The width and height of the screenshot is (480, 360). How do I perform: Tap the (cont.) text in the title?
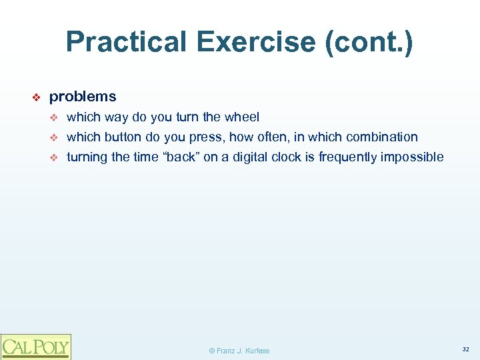coord(369,43)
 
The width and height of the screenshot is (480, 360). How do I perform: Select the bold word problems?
coord(83,97)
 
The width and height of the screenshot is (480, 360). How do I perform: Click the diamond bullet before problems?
coord(37,97)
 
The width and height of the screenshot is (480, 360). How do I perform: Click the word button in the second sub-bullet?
coord(123,137)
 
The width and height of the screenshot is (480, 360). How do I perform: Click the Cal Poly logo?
coord(35,346)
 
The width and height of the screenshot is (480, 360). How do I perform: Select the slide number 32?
coord(465,349)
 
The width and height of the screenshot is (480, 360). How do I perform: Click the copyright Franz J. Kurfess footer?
coord(239,351)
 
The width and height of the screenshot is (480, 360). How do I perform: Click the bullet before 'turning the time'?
coord(55,158)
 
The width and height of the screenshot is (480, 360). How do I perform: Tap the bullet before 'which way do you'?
coord(55,118)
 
